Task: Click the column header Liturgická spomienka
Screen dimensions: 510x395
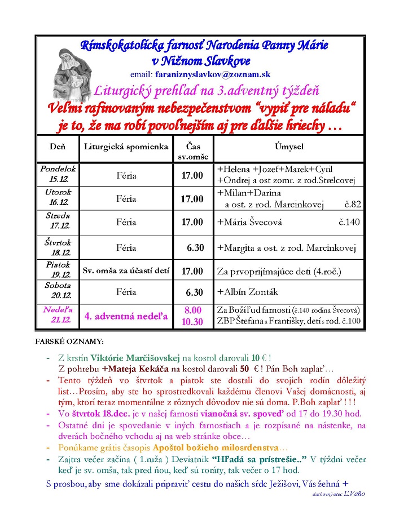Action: pos(126,147)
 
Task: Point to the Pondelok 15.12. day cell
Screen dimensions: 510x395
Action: pos(58,174)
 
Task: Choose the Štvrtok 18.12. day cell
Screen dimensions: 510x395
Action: pos(58,247)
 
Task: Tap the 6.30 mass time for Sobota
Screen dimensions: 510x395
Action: pos(194,292)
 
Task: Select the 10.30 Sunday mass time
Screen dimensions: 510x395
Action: pos(192,322)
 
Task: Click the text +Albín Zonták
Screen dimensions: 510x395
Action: pos(248,292)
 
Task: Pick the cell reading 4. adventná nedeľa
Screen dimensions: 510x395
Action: pos(126,316)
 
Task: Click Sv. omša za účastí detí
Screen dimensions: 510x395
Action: pos(126,271)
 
